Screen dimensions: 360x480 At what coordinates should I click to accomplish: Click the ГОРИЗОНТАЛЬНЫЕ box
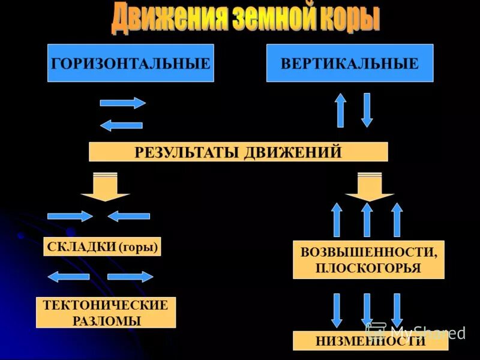point(131,63)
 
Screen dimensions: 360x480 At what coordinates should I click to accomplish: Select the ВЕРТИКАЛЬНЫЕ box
point(350,63)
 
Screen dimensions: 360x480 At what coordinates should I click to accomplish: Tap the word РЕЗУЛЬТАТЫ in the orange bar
point(187,152)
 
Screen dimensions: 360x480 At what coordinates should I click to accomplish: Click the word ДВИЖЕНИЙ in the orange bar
point(292,152)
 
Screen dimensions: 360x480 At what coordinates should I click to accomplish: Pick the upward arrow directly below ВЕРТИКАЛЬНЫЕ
point(340,110)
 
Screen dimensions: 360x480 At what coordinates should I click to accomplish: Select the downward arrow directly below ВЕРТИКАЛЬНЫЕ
point(367,110)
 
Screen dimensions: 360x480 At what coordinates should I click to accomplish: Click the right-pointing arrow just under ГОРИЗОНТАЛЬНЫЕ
point(122,103)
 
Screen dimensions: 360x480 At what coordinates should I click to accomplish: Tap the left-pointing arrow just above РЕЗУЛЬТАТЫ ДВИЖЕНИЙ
point(121,125)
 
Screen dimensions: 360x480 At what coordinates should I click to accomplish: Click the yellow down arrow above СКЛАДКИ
point(105,187)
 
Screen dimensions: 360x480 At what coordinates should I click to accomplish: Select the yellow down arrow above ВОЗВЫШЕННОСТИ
point(369,187)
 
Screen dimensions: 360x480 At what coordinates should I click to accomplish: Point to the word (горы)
point(139,247)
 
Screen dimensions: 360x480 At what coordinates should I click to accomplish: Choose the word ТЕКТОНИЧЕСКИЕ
point(106,305)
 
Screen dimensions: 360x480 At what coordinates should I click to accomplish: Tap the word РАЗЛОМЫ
point(106,320)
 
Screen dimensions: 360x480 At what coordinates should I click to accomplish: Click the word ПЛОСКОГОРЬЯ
point(368,268)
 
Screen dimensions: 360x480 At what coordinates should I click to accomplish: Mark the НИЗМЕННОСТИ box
point(370,341)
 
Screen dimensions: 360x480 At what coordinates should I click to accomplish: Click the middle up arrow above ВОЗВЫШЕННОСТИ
point(367,220)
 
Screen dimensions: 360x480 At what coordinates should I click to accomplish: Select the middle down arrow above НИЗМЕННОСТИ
point(367,310)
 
